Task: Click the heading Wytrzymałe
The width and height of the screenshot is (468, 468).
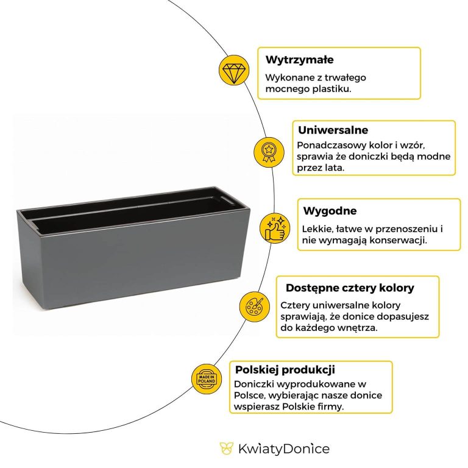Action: (299, 60)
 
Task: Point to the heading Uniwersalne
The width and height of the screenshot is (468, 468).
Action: (333, 130)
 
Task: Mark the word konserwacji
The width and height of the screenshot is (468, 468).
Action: (399, 240)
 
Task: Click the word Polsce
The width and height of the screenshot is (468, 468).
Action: (250, 395)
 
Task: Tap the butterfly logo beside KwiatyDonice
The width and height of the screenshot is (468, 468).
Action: (226, 449)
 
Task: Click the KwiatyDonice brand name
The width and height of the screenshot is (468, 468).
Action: (283, 449)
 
